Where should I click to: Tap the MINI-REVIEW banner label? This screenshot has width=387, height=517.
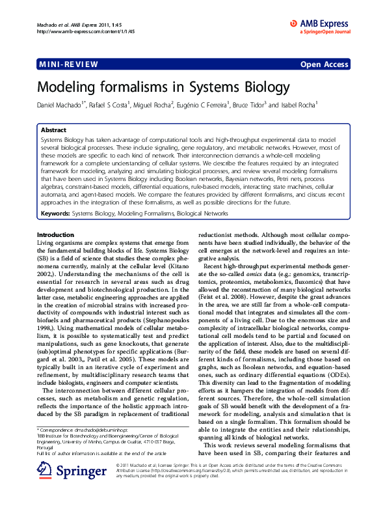tap(68, 64)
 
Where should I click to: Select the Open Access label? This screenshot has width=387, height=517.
tap(324, 64)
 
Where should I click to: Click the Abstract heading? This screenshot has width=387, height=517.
tap(53, 130)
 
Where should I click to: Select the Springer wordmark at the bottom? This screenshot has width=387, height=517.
tap(79, 487)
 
